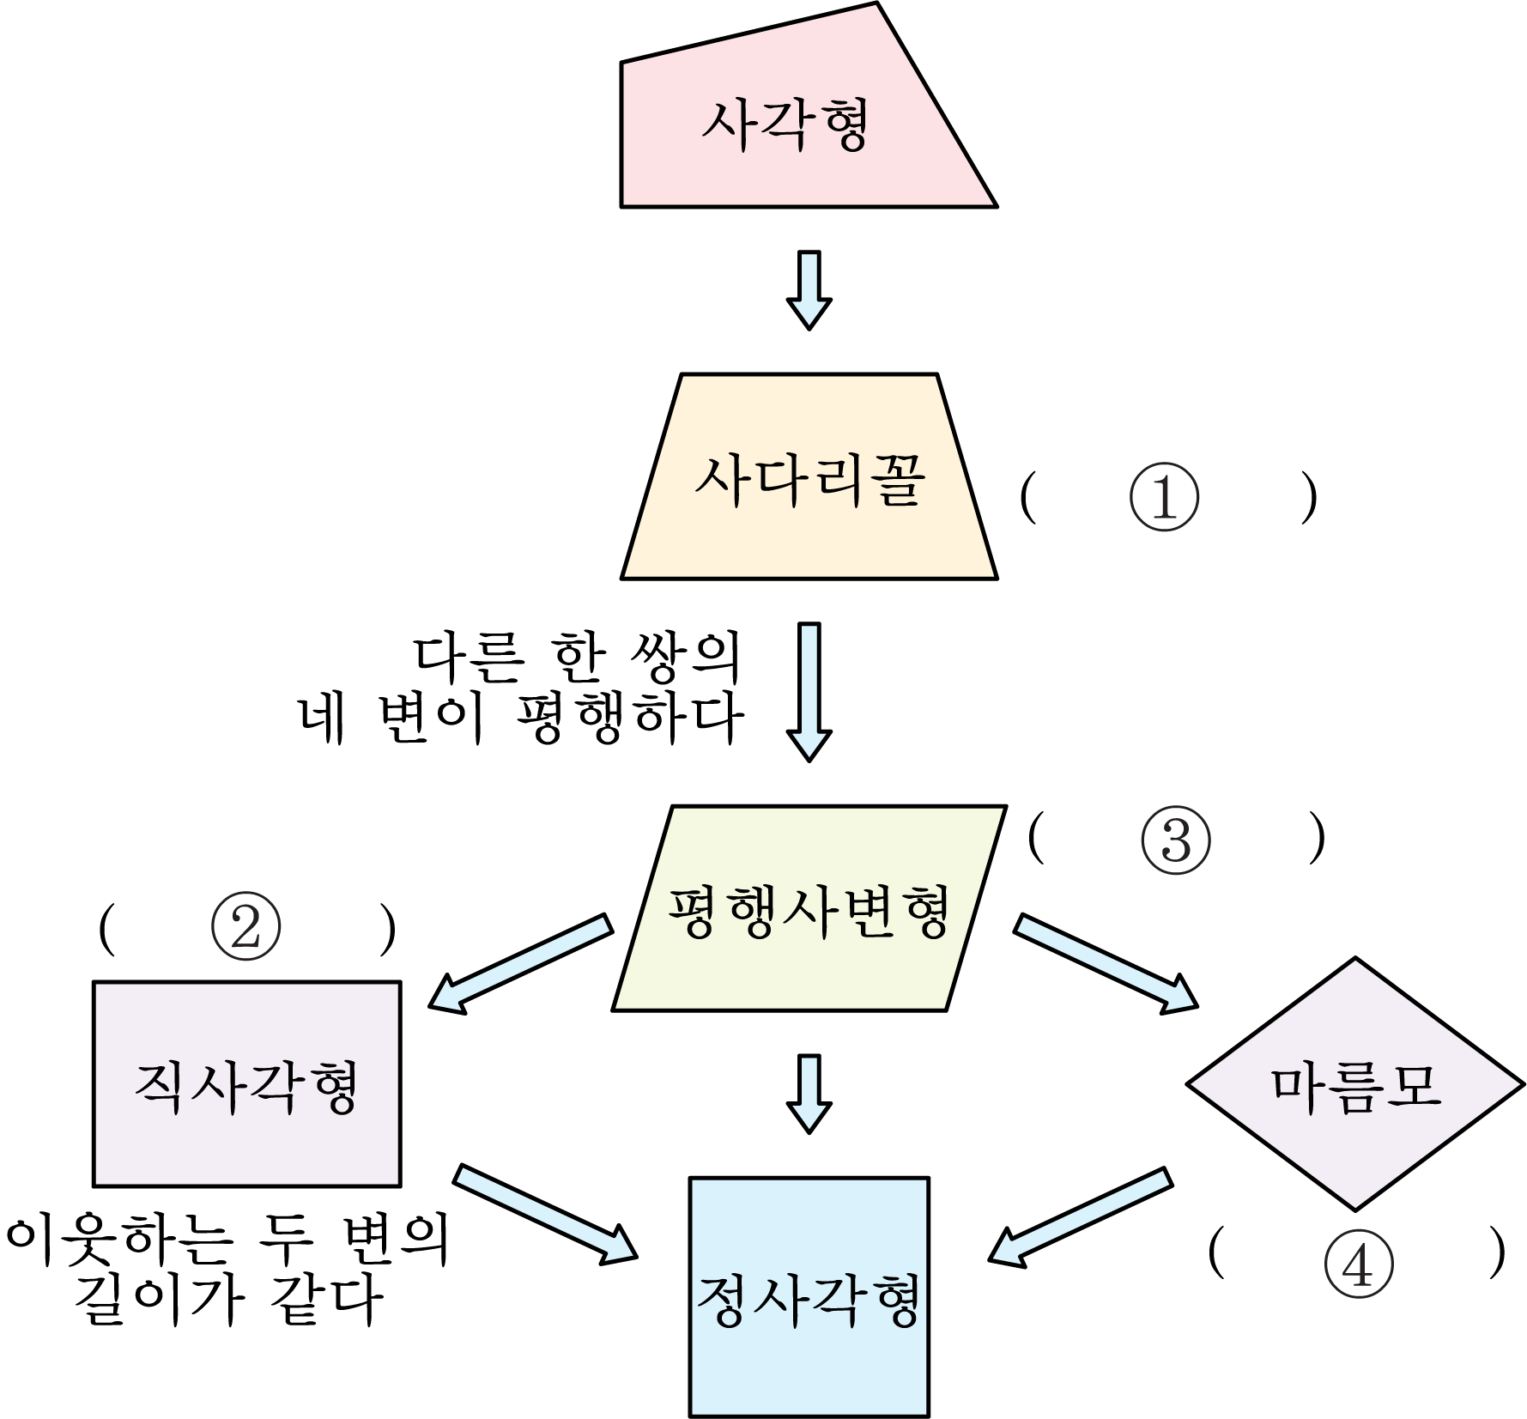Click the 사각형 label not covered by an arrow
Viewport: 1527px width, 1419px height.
(x=785, y=125)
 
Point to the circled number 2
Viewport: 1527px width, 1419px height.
(x=245, y=930)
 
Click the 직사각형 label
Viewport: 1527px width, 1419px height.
(x=245, y=1087)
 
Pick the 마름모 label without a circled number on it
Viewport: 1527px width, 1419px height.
(x=1354, y=1087)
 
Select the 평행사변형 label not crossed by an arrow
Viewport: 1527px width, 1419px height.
(x=809, y=912)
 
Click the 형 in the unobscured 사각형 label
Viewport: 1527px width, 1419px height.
(x=840, y=125)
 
